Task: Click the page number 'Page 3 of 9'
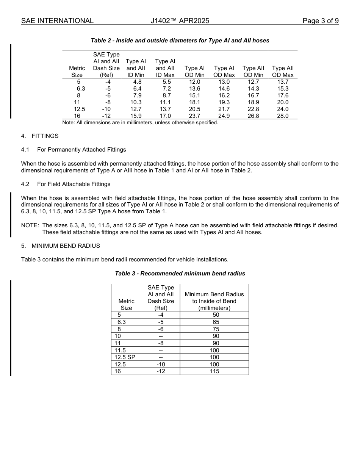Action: click(320, 21)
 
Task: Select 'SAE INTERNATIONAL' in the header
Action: click(57, 21)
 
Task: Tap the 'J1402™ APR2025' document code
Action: click(180, 21)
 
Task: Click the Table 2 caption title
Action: click(180, 41)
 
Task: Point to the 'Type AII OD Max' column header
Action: click(283, 72)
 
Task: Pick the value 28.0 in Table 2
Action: click(283, 116)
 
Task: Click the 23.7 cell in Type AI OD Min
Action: click(194, 116)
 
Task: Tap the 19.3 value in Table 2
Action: click(224, 102)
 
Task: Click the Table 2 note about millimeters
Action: click(140, 122)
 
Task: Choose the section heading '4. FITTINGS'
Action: click(40, 136)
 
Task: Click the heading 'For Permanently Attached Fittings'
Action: click(81, 150)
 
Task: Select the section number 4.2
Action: click(25, 184)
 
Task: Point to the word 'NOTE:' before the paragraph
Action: click(30, 225)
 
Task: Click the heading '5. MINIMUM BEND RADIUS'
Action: click(61, 246)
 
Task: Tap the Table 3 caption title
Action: click(180, 274)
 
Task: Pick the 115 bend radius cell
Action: click(214, 371)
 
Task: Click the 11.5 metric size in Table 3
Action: click(120, 350)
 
